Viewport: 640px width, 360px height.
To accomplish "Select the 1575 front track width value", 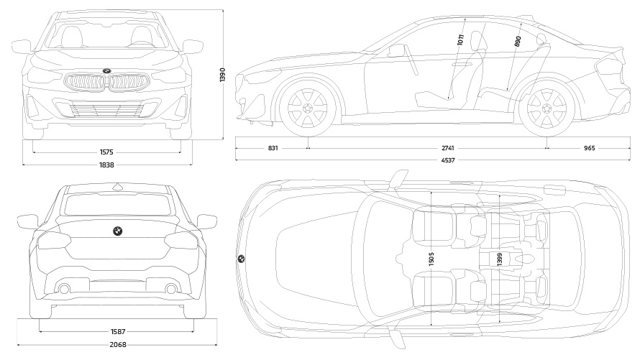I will pyautogui.click(x=107, y=152).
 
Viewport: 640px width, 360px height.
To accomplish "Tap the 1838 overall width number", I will pyautogui.click(x=107, y=165).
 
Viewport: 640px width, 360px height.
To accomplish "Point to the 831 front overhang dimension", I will pyautogui.click(x=273, y=148).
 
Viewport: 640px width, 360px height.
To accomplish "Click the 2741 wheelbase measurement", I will pyautogui.click(x=448, y=148).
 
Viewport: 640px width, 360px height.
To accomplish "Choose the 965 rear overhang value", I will pyautogui.click(x=589, y=148).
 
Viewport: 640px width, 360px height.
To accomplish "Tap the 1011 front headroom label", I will pyautogui.click(x=461, y=40).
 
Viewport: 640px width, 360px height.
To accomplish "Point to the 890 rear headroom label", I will pyautogui.click(x=518, y=42).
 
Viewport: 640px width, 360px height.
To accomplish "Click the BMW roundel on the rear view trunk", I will pyautogui.click(x=116, y=232).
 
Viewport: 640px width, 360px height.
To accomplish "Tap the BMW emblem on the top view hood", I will pyautogui.click(x=240, y=259).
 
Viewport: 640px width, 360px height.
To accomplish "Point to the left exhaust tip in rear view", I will pyautogui.click(x=64, y=289).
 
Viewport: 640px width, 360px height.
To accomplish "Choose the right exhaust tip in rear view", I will pyautogui.click(x=171, y=289).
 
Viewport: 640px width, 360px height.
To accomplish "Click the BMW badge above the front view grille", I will pyautogui.click(x=106, y=70).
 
